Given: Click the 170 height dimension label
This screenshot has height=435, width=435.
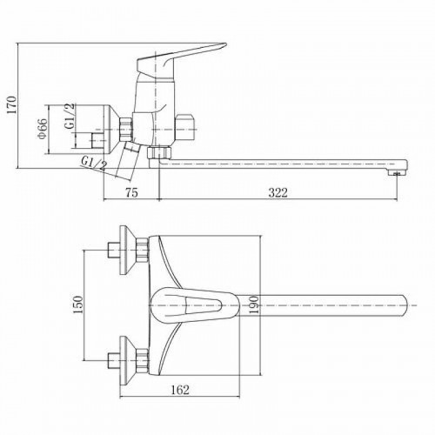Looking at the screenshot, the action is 12,105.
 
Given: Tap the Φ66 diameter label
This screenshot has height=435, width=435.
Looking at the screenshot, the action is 43,129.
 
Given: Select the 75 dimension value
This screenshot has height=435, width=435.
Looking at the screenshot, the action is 131,192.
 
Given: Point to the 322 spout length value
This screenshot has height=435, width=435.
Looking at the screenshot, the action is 278,192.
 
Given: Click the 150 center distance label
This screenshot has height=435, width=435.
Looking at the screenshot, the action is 77,304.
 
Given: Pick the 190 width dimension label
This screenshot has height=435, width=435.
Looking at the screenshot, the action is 253,304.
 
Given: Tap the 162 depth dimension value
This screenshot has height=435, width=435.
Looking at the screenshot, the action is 179,390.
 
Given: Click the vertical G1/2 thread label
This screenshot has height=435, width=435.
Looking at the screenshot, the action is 70,116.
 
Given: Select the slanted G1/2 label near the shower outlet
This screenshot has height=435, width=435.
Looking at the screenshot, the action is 93,164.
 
